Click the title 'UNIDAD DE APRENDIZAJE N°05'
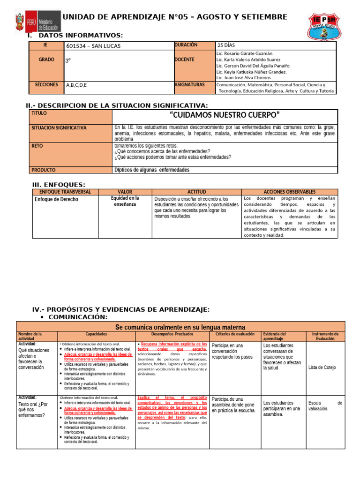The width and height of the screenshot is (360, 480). [x=175, y=17]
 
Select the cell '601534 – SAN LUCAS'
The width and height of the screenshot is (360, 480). [x=94, y=45]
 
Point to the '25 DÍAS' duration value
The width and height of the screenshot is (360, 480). [x=227, y=45]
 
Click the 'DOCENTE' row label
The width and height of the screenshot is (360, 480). [x=184, y=60]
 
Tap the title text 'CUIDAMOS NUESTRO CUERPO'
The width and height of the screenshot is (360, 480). [x=224, y=115]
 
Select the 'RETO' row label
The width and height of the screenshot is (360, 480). [x=37, y=146]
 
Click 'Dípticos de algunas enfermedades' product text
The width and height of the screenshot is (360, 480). [x=152, y=170]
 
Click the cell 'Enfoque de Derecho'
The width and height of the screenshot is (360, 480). [x=56, y=199]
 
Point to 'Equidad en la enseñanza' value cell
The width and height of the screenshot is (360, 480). [x=125, y=202]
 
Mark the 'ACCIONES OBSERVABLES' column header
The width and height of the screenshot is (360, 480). [x=289, y=192]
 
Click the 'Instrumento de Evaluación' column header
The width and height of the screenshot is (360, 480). [x=325, y=336]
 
